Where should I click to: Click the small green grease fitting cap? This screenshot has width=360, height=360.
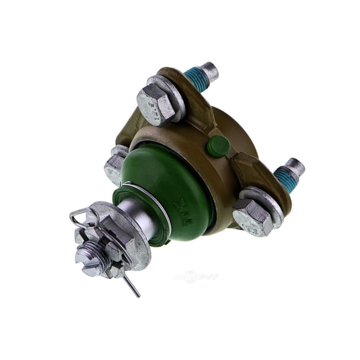pos(218,145)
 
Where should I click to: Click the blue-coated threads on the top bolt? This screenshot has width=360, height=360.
pos(197,80)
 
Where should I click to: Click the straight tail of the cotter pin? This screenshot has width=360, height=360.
pos(131,287)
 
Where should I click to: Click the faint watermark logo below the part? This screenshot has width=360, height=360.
pos(195,276)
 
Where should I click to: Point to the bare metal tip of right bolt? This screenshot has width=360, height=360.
pos(296,167)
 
